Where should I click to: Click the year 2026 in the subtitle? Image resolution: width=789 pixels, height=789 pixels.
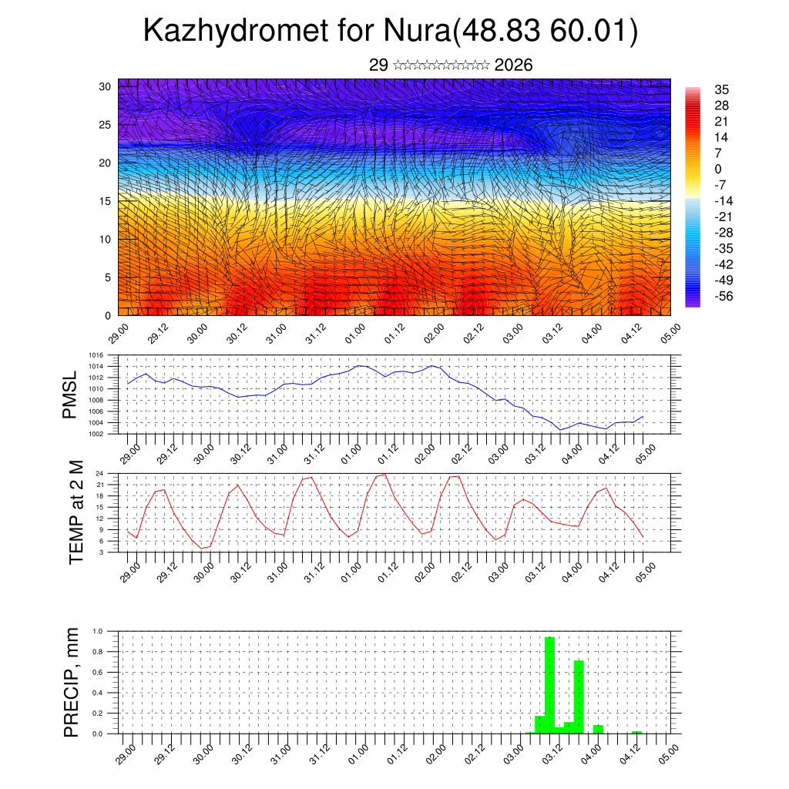(x=513, y=65)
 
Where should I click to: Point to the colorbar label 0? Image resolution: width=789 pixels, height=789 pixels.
(x=718, y=169)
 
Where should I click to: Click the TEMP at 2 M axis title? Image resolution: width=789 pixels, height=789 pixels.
(x=76, y=512)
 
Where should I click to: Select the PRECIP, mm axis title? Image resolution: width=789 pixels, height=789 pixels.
(x=71, y=683)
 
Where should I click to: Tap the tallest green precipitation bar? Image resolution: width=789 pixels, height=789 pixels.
(x=549, y=684)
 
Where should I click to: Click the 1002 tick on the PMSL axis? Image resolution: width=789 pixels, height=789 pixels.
(x=96, y=434)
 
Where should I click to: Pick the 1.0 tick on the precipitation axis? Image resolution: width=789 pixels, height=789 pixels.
(x=98, y=631)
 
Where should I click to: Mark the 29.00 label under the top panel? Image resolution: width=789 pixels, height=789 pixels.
(x=117, y=333)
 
